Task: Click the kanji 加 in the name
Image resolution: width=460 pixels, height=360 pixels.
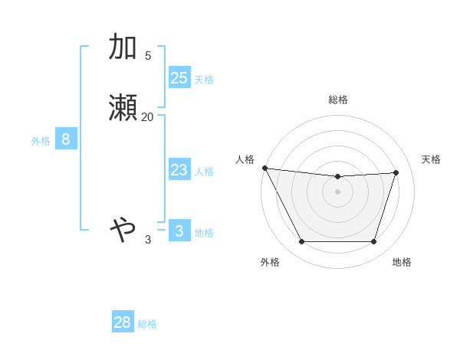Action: pos(123,47)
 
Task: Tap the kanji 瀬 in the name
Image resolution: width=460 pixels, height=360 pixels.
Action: pos(123,108)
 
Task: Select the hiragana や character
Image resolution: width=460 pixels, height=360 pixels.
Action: pos(123,227)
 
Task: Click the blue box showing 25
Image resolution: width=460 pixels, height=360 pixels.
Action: pos(179,77)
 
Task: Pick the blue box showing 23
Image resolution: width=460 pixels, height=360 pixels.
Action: pos(179,170)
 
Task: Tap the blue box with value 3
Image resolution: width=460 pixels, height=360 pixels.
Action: pos(179,231)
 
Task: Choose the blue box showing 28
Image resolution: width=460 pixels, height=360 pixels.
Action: pos(123,322)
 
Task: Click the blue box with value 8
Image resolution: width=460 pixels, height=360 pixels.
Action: pos(66,139)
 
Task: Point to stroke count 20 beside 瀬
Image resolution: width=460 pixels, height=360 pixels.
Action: pos(147,117)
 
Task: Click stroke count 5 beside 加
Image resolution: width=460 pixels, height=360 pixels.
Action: pos(147,56)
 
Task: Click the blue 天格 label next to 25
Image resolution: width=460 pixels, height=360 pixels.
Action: pos(204,80)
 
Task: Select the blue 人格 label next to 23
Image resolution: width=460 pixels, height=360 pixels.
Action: pos(204,172)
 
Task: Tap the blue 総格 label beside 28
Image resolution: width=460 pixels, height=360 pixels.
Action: pos(147,324)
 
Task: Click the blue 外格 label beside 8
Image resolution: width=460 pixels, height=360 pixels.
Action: pos(41,141)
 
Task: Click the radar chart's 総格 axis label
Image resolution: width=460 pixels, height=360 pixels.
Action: pos(337,100)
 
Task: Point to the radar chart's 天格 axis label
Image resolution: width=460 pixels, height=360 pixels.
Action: pos(431,159)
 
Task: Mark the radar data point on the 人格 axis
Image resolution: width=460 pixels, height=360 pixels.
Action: pos(264,168)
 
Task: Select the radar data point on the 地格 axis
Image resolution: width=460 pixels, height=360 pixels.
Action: pos(373,242)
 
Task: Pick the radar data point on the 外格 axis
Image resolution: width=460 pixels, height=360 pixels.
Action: pos(301,242)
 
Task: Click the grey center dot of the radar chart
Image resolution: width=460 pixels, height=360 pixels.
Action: pos(337,191)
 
